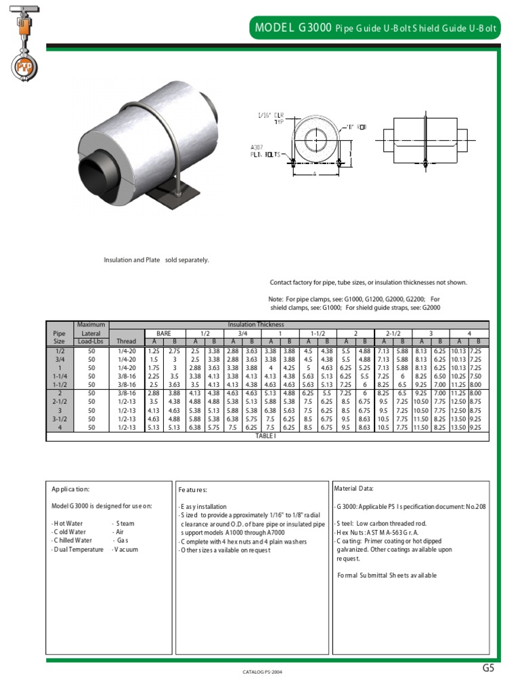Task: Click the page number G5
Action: coord(489,668)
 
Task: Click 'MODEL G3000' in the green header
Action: coord(293,28)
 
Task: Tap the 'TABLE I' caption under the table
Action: coord(266,436)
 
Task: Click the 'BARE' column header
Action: coord(164,333)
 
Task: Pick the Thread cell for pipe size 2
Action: coord(127,393)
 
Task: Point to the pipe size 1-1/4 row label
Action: coord(59,375)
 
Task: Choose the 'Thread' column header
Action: coord(127,342)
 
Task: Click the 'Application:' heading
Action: coord(70,489)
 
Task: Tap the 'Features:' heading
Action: coord(193,489)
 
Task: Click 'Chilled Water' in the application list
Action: coord(72,541)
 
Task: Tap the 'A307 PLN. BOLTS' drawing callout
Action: coord(263,150)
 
